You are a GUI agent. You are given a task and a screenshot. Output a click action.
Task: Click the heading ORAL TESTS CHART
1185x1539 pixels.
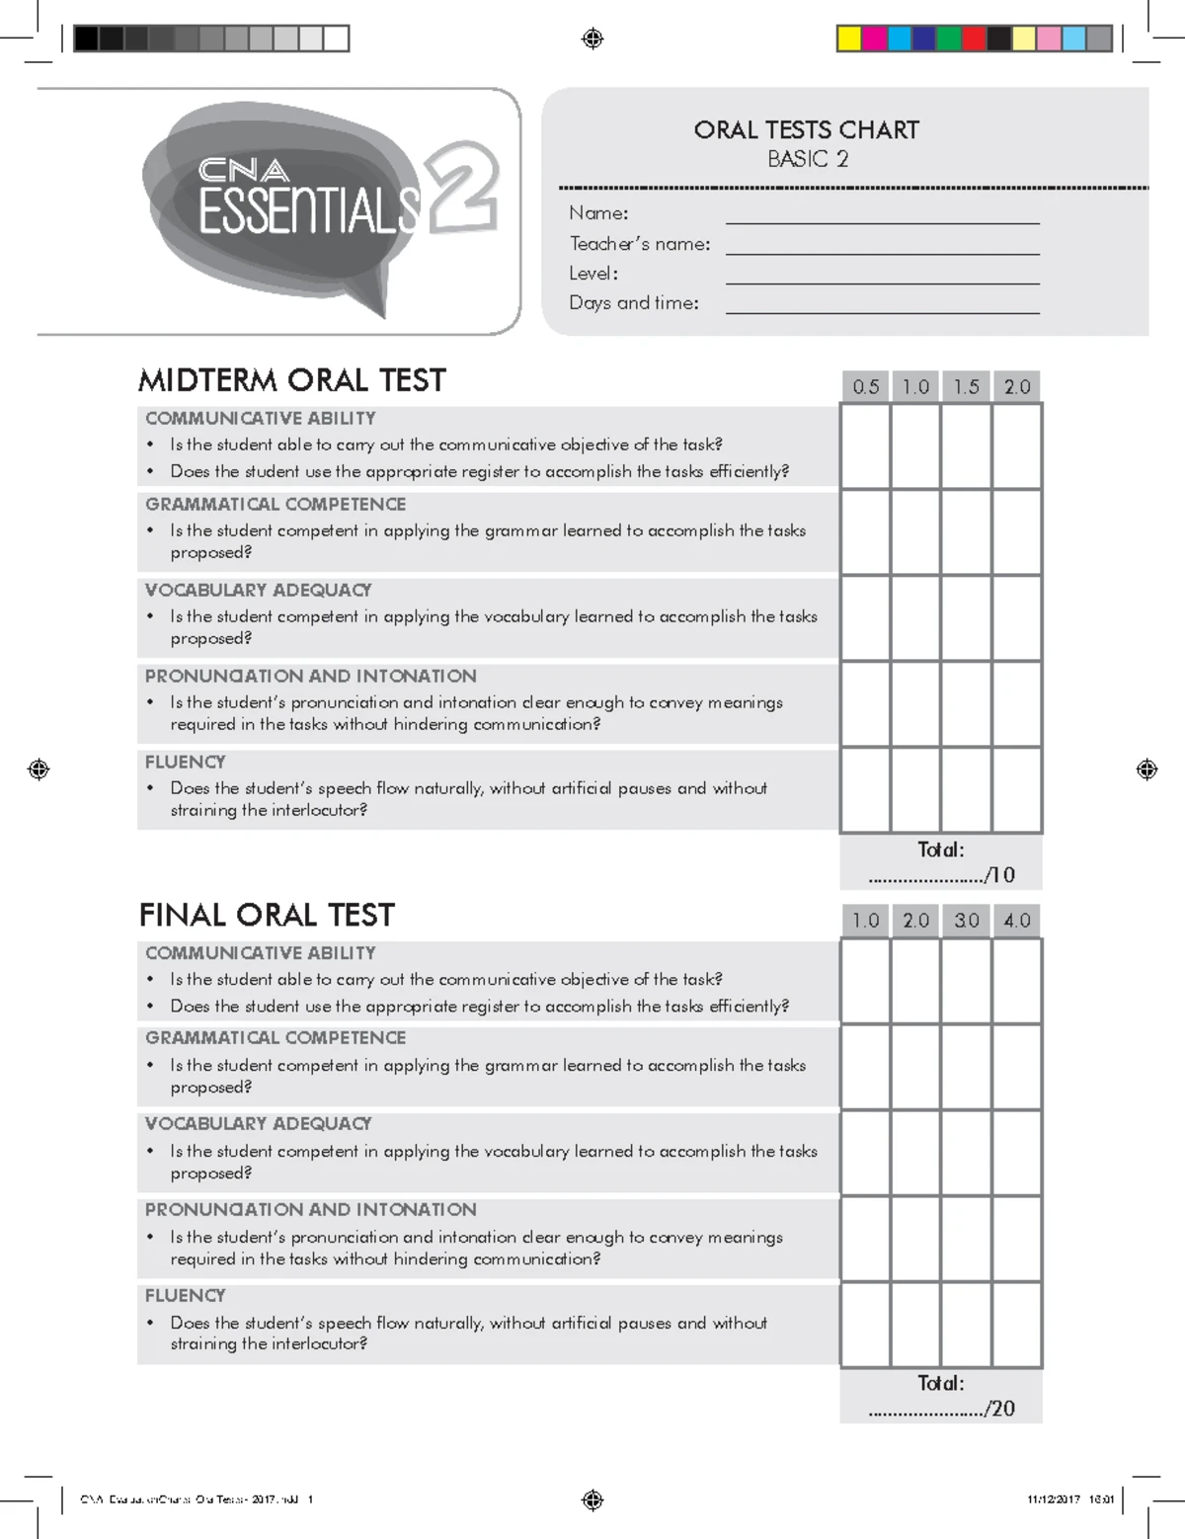806,130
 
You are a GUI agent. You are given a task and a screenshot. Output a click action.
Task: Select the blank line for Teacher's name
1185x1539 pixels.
882,247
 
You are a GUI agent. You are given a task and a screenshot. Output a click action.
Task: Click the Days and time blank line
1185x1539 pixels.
882,306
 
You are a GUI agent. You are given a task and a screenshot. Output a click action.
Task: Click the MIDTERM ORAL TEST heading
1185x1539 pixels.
292,380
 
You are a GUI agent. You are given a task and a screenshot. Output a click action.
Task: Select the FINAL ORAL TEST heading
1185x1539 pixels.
267,915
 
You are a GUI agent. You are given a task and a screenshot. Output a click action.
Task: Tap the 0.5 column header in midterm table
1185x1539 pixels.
865,386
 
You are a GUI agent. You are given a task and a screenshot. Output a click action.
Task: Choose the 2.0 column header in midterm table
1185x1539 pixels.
1017,386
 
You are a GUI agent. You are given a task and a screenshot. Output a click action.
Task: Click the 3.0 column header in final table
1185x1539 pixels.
967,921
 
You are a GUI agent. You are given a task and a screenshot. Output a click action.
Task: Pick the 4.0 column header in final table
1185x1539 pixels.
1017,921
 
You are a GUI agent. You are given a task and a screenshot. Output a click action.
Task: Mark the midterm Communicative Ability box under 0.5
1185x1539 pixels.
865,446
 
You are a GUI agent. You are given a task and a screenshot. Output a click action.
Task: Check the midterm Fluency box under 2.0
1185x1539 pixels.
1017,789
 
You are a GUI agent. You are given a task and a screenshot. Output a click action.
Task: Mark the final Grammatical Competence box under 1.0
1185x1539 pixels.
865,1067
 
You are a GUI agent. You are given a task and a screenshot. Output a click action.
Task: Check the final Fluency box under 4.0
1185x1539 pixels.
1017,1325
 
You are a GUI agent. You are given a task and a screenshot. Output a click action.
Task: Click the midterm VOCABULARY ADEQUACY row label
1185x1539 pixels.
258,590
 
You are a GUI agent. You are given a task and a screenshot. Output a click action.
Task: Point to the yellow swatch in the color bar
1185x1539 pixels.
848,39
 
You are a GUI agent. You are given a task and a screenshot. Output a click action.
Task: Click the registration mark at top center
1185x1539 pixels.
592,39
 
